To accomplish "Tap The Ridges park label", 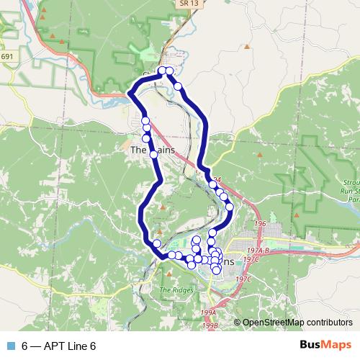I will pos(173,289).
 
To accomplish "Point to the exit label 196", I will pos(260,224).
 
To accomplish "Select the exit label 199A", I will pos(208,312).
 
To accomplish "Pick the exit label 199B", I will pos(210,325).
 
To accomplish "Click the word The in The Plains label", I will pos(139,151).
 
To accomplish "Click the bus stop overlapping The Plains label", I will pos(153,153).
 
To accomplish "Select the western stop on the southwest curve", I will pos(156,243).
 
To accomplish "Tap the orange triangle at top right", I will pos(246,47).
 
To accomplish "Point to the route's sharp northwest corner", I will pos(129,92).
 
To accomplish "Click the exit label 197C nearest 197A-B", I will pos(251,259).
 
